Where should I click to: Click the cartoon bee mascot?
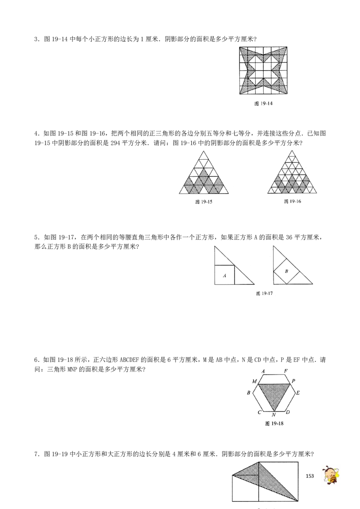tap(330, 475)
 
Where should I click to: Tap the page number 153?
tap(310, 476)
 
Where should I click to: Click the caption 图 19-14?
tap(263, 103)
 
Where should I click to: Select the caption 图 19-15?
tap(204, 201)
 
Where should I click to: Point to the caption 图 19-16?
tap(292, 201)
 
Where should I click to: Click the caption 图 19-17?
tap(264, 293)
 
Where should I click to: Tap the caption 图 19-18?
tap(274, 423)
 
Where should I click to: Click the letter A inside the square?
tap(225, 276)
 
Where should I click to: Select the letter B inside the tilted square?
tap(286, 271)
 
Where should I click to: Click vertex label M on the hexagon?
tap(254, 381)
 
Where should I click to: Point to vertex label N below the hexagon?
tap(274, 415)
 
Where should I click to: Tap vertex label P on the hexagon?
tap(293, 381)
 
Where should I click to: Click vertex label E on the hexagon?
tap(298, 393)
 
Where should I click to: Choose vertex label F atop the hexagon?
tap(286, 371)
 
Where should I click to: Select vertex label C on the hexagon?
tap(259, 412)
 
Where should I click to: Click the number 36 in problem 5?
tap(289, 237)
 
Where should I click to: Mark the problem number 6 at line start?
tap(36, 360)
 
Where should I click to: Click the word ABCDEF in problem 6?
tap(130, 360)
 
